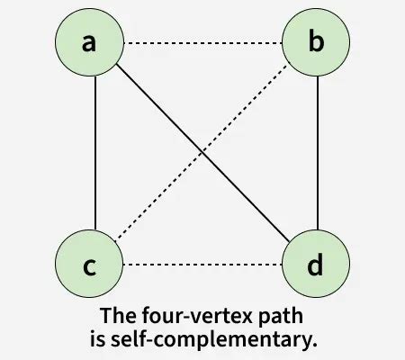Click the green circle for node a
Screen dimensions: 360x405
pos(89,43)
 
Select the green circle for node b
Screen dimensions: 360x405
pos(316,43)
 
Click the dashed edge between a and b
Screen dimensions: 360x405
pos(202,43)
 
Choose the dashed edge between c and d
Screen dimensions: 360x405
pos(202,265)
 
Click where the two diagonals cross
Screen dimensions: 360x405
pos(203,154)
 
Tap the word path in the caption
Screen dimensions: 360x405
pos(269,317)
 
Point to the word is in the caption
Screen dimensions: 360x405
pos(94,339)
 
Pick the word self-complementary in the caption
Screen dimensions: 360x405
pos(212,339)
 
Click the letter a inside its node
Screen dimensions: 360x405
pos(89,43)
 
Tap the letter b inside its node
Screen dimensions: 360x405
pos(316,42)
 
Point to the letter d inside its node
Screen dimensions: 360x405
pos(316,265)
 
